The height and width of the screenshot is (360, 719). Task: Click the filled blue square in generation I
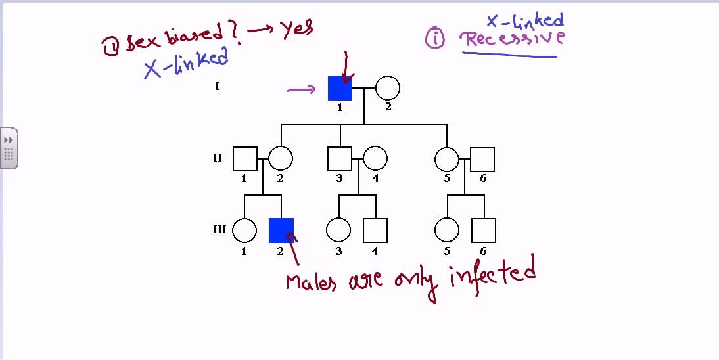(x=340, y=88)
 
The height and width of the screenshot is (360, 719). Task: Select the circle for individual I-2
(x=387, y=88)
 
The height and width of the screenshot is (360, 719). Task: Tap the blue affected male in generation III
(x=281, y=231)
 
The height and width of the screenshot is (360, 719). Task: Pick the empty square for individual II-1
(x=244, y=159)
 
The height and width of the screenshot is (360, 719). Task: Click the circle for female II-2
(x=281, y=159)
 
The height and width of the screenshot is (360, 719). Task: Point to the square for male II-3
(x=340, y=159)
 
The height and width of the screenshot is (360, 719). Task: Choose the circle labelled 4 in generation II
(x=375, y=159)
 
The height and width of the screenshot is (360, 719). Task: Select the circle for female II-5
(x=447, y=159)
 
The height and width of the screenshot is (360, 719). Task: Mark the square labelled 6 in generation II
(x=482, y=159)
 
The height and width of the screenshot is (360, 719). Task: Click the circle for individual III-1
(x=244, y=231)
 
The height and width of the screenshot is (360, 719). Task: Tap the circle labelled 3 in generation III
(x=338, y=231)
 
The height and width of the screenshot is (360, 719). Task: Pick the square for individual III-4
(x=375, y=231)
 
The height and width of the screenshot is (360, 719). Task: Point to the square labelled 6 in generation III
(x=483, y=231)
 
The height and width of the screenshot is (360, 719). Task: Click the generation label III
(x=220, y=230)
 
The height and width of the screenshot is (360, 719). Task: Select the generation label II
(x=218, y=158)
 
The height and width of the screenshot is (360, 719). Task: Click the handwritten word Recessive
(x=513, y=39)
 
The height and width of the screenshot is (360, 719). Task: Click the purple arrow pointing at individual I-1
(x=302, y=89)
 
